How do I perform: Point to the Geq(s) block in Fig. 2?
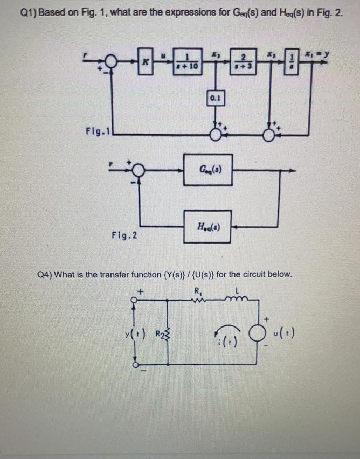pos(207,172)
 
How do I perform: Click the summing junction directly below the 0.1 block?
pos(216,131)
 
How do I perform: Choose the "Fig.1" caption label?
pos(98,130)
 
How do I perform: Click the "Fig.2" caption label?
pos(123,235)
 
